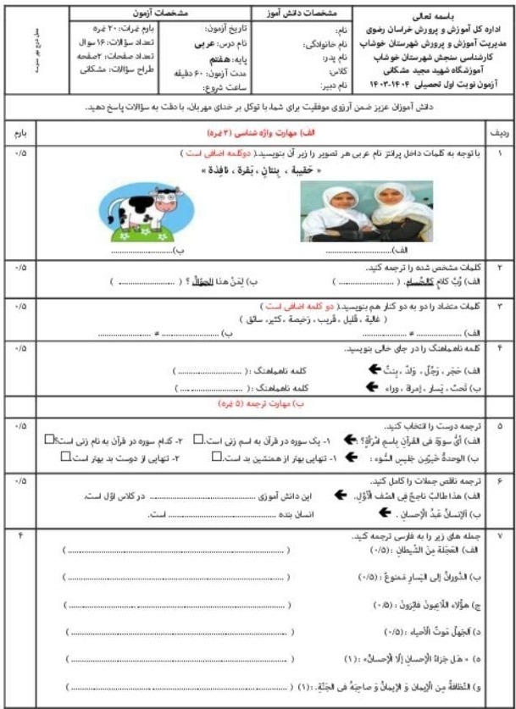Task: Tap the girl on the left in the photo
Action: tap(326, 212)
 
